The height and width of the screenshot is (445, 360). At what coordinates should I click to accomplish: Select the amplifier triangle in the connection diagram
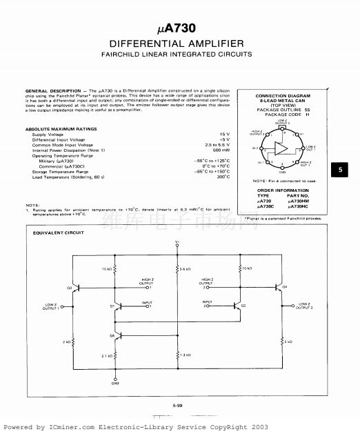coord(282,147)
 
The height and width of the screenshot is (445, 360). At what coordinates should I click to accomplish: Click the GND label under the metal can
coord(282,172)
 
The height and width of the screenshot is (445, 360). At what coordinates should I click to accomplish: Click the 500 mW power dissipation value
coord(221,150)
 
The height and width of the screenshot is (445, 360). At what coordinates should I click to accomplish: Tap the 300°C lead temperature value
coord(223,177)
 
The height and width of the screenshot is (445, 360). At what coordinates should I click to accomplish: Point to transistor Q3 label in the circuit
coord(69,287)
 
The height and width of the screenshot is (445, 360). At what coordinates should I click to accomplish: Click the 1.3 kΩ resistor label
coord(184,355)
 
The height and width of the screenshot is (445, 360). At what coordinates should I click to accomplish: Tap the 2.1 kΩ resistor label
coord(106,355)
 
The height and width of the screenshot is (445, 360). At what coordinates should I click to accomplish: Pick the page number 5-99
coord(178,406)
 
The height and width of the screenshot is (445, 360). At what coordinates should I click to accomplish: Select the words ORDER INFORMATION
coord(282,190)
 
